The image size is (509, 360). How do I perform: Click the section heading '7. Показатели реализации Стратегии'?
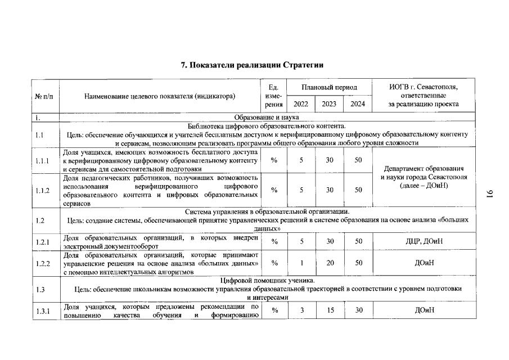coord(252,65)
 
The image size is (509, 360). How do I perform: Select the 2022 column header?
coord(300,104)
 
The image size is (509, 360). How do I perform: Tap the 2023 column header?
coord(329,104)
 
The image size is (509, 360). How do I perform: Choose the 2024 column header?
coord(357,104)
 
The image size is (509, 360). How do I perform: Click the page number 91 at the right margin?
coord(489,194)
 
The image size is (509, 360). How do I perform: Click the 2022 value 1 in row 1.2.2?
coord(302,263)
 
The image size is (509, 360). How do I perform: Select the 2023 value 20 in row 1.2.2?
coord(330,263)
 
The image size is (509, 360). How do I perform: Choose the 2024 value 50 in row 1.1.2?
coord(358,190)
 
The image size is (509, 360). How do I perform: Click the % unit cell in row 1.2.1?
coord(274,242)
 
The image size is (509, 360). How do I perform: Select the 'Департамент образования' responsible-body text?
coord(423,169)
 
